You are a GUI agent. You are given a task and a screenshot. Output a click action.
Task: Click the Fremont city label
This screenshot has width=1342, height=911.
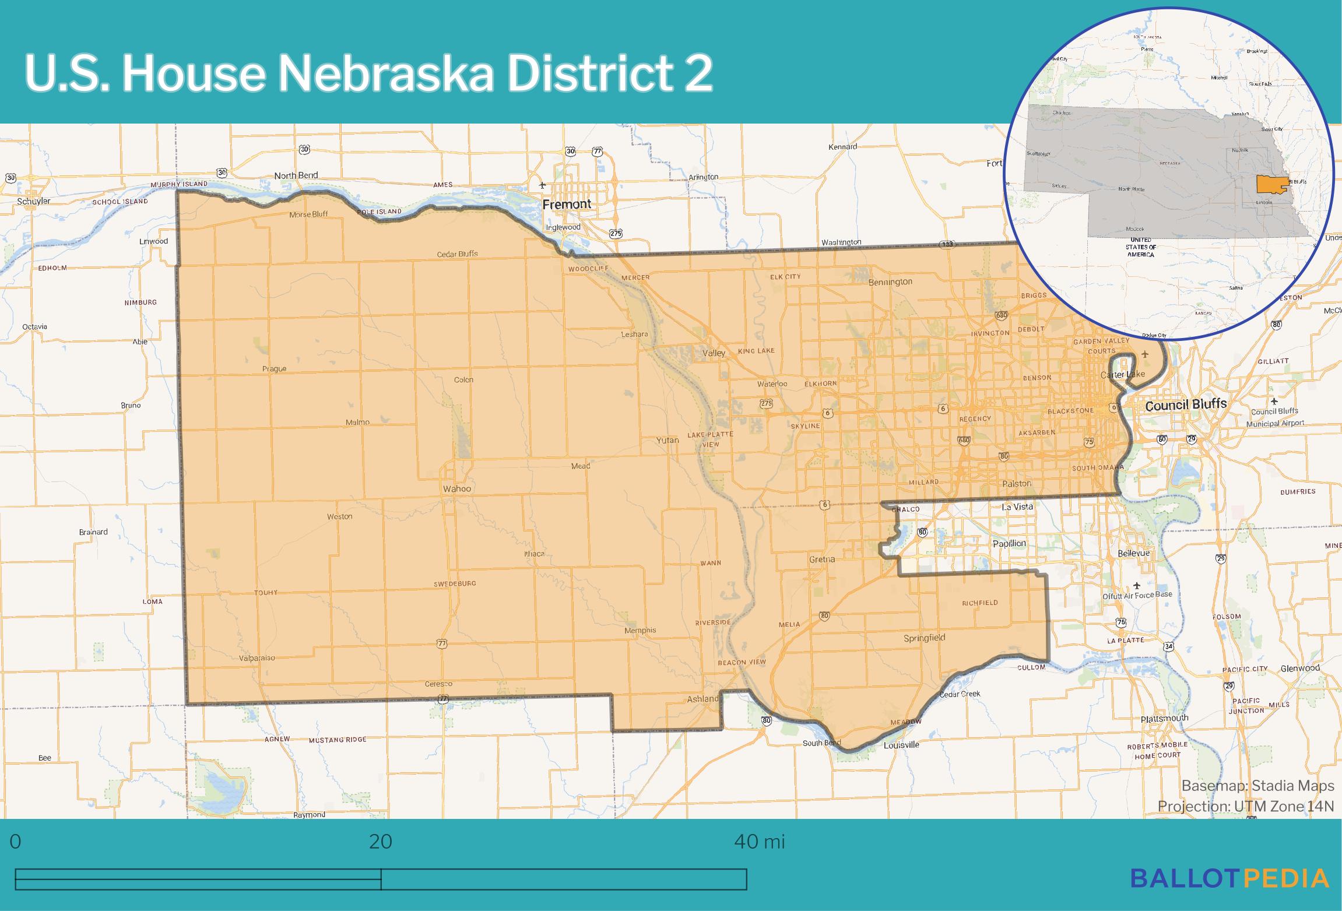pyautogui.click(x=567, y=204)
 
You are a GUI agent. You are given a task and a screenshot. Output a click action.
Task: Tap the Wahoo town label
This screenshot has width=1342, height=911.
pyautogui.click(x=456, y=488)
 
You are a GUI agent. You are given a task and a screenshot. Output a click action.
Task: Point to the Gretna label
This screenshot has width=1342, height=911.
pyautogui.click(x=822, y=559)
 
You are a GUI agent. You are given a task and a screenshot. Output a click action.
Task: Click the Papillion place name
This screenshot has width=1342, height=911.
pyautogui.click(x=1009, y=543)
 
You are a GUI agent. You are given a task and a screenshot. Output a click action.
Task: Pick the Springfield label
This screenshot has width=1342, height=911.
pyautogui.click(x=924, y=638)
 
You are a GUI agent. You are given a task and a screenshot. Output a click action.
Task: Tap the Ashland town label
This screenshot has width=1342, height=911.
pyautogui.click(x=703, y=699)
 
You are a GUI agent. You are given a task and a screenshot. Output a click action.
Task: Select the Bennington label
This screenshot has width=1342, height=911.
pyautogui.click(x=890, y=282)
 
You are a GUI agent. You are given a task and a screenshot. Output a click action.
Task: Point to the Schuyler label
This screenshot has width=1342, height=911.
pyautogui.click(x=34, y=201)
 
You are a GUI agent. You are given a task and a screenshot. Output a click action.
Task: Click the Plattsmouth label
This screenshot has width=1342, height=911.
pyautogui.click(x=1164, y=718)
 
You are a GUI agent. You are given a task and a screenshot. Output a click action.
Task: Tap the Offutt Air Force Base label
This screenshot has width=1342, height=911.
pyautogui.click(x=1137, y=595)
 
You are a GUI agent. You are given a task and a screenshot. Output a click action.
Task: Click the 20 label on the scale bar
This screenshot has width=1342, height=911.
pyautogui.click(x=380, y=842)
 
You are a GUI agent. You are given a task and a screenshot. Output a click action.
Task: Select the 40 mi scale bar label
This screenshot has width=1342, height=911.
pyautogui.click(x=760, y=842)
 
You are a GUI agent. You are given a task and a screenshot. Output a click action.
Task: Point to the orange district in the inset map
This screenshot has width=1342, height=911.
pyautogui.click(x=1270, y=185)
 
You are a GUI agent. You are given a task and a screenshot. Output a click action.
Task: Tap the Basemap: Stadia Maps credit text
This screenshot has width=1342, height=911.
pyautogui.click(x=1257, y=786)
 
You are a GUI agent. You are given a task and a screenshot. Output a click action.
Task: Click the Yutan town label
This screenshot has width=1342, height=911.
pyautogui.click(x=668, y=440)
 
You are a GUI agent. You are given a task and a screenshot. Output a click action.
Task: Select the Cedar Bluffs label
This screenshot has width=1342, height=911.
pyautogui.click(x=457, y=254)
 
